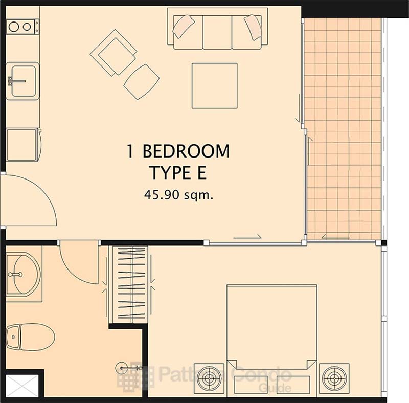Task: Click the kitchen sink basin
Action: pos(24,81)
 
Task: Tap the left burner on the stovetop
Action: pos(13,27)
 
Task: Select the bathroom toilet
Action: pos(30,337)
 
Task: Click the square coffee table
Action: pos(214,85)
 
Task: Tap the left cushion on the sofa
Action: pos(184,27)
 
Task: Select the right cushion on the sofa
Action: pos(253,27)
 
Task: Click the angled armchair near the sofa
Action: pos(113,53)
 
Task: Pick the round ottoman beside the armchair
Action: pos(142,82)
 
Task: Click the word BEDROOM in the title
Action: pos(186,151)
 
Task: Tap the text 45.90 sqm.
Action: pos(178,195)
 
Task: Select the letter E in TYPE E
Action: pos(201,172)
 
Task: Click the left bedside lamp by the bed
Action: pos(209,378)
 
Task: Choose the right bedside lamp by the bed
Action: pos(334,378)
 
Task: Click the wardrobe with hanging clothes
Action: pos(128,284)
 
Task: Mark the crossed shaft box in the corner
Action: pos(22,386)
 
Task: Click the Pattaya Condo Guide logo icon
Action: pos(135,376)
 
